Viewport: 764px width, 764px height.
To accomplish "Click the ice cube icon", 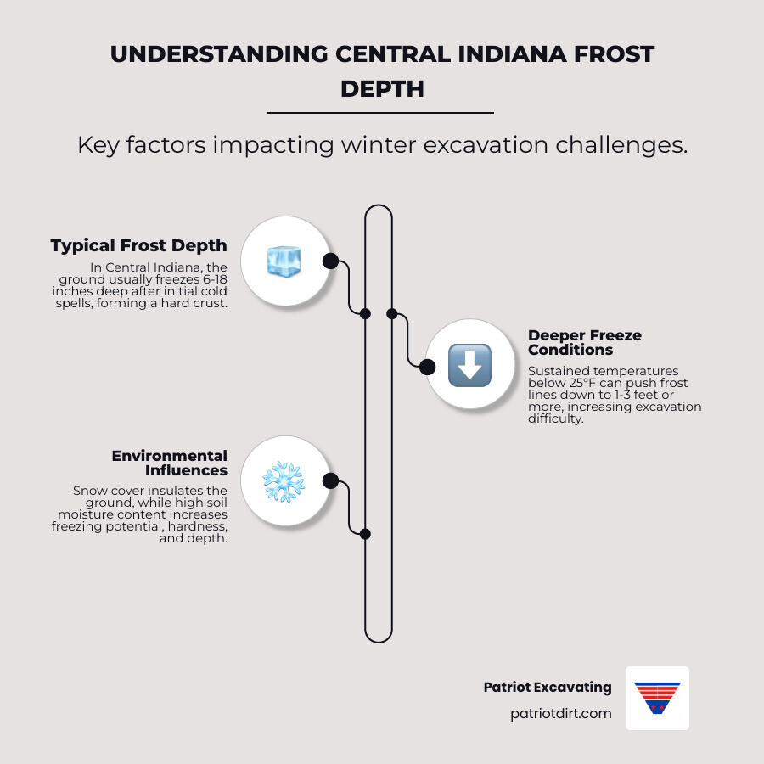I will [x=284, y=261].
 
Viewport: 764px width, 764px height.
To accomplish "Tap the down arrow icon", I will [x=469, y=366].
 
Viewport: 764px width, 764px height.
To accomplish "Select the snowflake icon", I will [x=284, y=482].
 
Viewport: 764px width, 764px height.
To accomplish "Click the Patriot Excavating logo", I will [x=657, y=698].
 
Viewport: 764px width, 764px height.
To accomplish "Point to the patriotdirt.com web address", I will [x=560, y=713].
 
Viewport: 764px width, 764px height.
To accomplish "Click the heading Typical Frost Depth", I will [x=138, y=246].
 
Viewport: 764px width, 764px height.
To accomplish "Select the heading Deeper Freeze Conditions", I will [x=585, y=342].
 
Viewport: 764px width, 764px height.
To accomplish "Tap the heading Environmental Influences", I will [x=170, y=463].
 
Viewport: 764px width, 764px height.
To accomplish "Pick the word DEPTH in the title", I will [x=382, y=88].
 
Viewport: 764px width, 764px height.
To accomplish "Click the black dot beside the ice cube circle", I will [x=330, y=261].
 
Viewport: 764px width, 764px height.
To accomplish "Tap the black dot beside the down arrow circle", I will [x=428, y=367].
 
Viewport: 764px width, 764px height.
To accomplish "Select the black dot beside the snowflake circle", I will [x=331, y=481].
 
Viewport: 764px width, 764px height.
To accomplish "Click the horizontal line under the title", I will [x=380, y=112].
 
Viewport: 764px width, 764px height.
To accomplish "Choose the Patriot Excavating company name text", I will [x=547, y=687].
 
